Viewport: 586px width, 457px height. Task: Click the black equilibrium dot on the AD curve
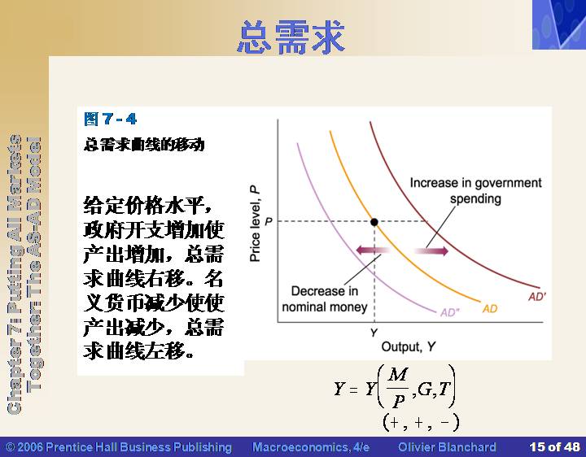click(374, 222)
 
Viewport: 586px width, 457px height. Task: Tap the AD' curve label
click(537, 297)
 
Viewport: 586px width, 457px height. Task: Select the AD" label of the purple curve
click(450, 312)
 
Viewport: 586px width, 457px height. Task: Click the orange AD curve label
click(490, 309)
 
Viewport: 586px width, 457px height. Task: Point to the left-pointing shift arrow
click(373, 250)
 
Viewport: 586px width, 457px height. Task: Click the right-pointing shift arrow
click(431, 251)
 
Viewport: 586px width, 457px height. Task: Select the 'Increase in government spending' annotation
click(475, 190)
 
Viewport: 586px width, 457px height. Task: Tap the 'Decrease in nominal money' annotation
click(325, 299)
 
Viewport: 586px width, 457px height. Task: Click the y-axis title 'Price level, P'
click(255, 224)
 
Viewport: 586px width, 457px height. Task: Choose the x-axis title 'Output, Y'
click(408, 347)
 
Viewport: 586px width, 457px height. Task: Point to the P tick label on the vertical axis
click(269, 222)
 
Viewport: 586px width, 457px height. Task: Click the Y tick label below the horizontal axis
click(374, 333)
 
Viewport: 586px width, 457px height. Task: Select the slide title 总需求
click(291, 37)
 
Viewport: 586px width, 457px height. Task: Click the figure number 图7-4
click(111, 119)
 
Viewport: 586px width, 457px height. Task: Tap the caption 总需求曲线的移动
click(144, 145)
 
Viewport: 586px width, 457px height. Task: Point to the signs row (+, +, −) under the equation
click(421, 423)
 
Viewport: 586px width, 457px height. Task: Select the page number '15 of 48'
click(554, 447)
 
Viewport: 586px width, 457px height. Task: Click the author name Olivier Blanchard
click(447, 447)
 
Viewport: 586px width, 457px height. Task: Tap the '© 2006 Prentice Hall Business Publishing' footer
click(119, 447)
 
